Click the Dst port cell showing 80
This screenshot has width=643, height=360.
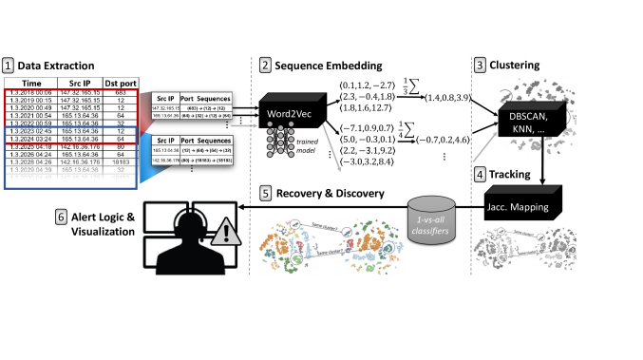tap(121, 147)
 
